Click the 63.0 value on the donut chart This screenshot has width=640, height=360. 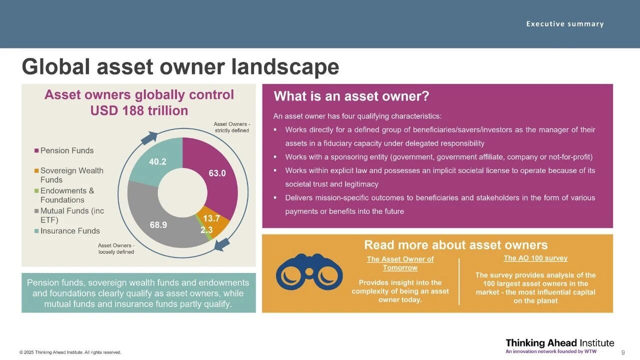[217, 173]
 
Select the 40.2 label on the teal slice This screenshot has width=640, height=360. [157, 162]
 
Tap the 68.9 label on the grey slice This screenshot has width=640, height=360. [158, 225]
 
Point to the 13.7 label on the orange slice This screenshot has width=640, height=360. [211, 218]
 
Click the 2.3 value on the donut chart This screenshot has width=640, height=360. [206, 229]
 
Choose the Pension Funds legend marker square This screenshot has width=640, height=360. [36, 150]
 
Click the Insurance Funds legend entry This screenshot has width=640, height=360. [67, 231]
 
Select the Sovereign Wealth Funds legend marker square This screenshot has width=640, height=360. [36, 171]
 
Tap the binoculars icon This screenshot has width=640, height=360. [309, 272]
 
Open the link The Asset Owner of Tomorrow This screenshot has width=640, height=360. [400, 263]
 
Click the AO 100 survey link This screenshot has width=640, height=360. [535, 258]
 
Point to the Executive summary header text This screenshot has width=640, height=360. [565, 24]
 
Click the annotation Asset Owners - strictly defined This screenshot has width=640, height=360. [231, 127]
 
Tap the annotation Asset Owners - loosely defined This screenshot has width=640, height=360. [116, 248]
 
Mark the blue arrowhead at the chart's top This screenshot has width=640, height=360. [149, 138]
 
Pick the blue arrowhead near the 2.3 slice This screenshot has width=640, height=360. [222, 244]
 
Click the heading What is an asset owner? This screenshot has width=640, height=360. [351, 96]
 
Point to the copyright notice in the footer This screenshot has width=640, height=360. [70, 352]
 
